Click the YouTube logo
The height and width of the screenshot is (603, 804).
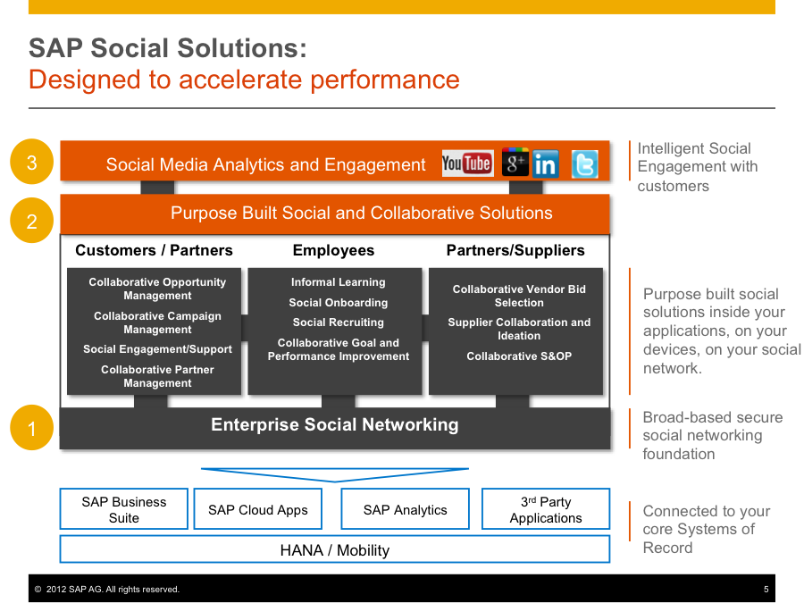pyautogui.click(x=467, y=163)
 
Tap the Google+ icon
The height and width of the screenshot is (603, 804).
pyautogui.click(x=515, y=163)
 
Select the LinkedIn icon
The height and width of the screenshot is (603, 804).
pyautogui.click(x=545, y=164)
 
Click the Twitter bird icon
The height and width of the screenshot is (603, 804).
pyautogui.click(x=584, y=164)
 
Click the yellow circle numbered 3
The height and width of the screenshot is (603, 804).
pyautogui.click(x=32, y=163)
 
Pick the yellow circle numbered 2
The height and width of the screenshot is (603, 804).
pyautogui.click(x=32, y=221)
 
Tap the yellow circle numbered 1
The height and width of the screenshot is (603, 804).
pyautogui.click(x=32, y=429)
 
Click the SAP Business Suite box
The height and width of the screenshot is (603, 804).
pyautogui.click(x=124, y=509)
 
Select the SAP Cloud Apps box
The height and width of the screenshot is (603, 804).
pyautogui.click(x=258, y=509)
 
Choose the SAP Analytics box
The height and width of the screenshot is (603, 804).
pyautogui.click(x=405, y=509)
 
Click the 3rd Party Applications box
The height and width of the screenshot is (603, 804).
pyautogui.click(x=546, y=509)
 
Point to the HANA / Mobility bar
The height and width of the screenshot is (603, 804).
pyautogui.click(x=335, y=549)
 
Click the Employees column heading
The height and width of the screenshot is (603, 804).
pyautogui.click(x=333, y=251)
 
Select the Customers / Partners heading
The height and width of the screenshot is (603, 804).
pyautogui.click(x=154, y=251)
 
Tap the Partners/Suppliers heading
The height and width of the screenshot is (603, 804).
pyautogui.click(x=515, y=251)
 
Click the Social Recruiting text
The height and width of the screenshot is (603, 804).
pyautogui.click(x=338, y=322)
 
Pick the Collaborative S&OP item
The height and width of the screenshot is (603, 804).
pyautogui.click(x=519, y=356)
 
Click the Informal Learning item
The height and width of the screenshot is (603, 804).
pyautogui.click(x=338, y=282)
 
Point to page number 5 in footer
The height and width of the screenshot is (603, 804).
pyautogui.click(x=766, y=590)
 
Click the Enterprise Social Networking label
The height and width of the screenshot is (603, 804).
pyautogui.click(x=335, y=425)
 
